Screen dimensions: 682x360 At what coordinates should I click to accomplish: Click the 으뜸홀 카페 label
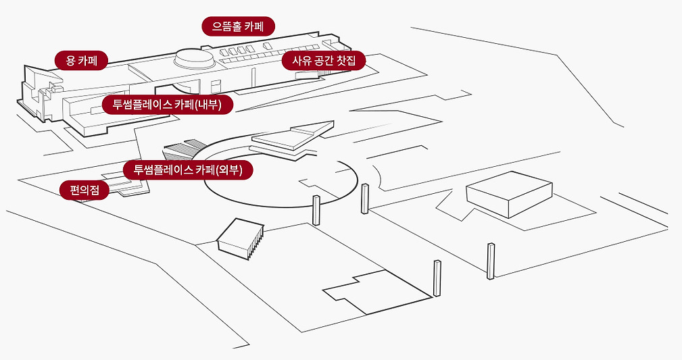(239, 27)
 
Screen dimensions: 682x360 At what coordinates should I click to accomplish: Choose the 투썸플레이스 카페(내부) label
(167, 105)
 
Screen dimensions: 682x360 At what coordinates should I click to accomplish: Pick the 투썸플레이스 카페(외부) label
(188, 170)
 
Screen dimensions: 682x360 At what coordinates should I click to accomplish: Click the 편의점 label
(84, 190)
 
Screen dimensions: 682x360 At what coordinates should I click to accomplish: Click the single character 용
(70, 61)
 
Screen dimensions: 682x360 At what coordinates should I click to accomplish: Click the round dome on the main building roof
(193, 58)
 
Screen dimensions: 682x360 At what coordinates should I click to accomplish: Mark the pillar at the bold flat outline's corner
(437, 278)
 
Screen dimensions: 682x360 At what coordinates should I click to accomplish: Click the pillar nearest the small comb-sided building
(316, 210)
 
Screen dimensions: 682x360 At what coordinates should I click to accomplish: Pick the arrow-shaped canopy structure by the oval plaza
(291, 138)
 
